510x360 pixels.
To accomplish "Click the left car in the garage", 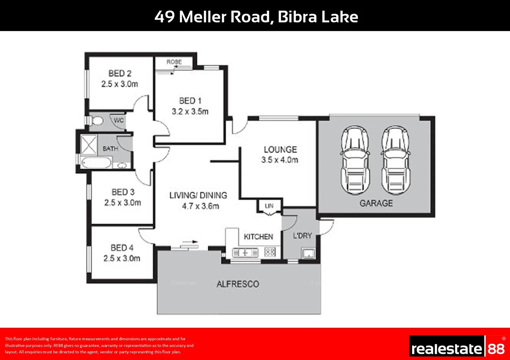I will click(x=355, y=160).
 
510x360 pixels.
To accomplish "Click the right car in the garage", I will click(x=396, y=160).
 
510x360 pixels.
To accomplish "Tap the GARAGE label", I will click(x=376, y=203).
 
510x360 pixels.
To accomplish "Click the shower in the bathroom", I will click(x=89, y=145).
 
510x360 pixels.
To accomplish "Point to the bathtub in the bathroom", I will click(x=96, y=163).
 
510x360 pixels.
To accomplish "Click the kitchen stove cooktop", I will click(x=270, y=252).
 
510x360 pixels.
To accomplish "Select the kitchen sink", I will click(x=245, y=253).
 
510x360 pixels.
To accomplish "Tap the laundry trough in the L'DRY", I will click(x=308, y=253).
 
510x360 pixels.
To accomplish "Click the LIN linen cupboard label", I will click(x=269, y=206).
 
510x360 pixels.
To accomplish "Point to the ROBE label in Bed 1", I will click(x=174, y=62).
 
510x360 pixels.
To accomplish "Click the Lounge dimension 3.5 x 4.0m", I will click(x=280, y=160).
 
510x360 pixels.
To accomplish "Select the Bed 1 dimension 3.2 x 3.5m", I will click(x=190, y=112).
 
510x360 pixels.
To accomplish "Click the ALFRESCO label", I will click(x=237, y=284).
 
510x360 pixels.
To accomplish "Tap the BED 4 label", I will click(x=122, y=248).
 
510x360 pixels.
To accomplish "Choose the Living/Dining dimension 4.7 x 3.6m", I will click(x=200, y=206).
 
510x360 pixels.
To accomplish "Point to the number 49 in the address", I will click(x=164, y=17).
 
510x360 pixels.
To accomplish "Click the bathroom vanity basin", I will click(x=122, y=165).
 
